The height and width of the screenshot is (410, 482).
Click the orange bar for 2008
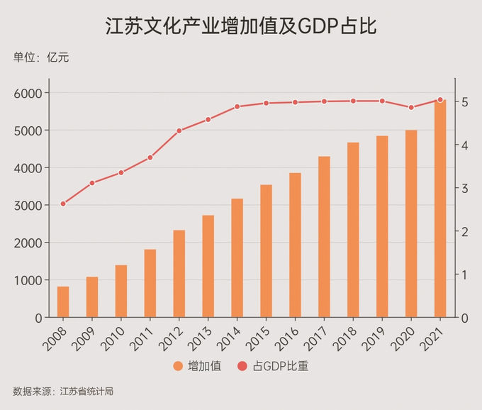tap(63, 302)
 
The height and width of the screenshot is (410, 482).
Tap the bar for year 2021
tap(440, 209)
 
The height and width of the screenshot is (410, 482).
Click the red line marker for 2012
tap(179, 131)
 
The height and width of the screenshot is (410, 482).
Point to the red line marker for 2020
tap(411, 107)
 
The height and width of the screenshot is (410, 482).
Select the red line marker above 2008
tap(63, 204)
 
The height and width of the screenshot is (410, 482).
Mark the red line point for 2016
tap(295, 102)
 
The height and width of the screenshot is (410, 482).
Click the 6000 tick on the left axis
tap(29, 93)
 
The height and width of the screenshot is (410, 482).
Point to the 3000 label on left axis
tap(29, 206)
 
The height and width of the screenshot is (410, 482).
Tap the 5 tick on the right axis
tap(464, 102)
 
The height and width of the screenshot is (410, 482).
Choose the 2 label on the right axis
tap(464, 232)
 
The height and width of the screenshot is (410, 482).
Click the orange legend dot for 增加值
tap(178, 366)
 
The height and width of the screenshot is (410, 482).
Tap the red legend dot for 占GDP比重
tap(242, 366)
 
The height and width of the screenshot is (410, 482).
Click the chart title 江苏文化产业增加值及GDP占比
tap(240, 26)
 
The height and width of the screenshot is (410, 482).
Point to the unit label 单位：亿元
tap(41, 57)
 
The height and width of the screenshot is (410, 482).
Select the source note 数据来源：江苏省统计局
tap(63, 391)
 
